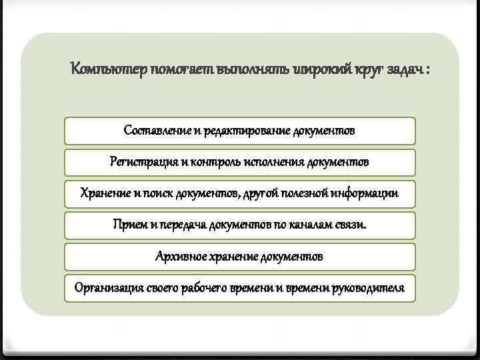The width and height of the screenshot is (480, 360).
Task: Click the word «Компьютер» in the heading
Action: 109,69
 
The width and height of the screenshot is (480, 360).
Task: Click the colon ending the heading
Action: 426,69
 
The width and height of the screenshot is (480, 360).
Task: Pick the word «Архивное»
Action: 180,256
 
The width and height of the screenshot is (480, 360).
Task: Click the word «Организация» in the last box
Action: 107,288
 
